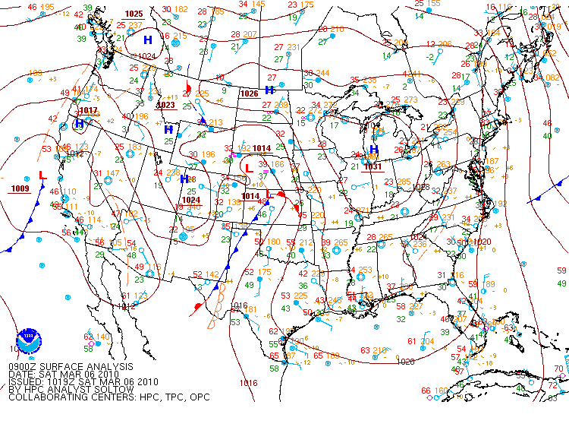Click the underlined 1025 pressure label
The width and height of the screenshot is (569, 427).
click(134, 14)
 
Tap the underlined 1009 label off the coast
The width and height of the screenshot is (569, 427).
click(20, 188)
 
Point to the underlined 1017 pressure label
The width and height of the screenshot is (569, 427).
click(89, 110)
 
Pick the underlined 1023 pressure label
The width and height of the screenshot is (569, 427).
click(165, 105)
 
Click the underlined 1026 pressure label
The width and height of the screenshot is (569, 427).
click(249, 93)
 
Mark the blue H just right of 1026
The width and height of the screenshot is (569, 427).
click(269, 90)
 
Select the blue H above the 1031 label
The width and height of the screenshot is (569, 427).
click(373, 149)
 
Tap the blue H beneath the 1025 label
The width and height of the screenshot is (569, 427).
click(147, 40)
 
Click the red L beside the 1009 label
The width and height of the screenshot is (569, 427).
click(42, 176)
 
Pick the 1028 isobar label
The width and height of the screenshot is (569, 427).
click(420, 187)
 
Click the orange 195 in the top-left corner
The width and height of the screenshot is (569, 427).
click(47, 7)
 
